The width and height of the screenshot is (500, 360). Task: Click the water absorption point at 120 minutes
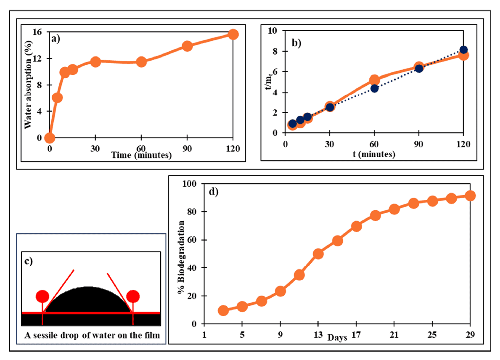[233, 34]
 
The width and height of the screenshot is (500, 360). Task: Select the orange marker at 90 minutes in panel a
[187, 46]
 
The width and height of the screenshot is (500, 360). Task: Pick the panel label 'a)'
[56, 39]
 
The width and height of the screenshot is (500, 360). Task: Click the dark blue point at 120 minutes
[463, 50]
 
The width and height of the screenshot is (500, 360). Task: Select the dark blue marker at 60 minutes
[374, 88]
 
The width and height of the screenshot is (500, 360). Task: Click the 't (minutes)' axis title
[374, 154]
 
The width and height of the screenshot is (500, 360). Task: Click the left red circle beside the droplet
[42, 296]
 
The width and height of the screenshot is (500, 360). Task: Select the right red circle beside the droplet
[133, 296]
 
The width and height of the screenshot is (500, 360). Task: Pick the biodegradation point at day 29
[470, 196]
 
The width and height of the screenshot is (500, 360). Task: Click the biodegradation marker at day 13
[318, 254]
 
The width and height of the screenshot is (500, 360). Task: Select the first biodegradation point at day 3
[223, 310]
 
